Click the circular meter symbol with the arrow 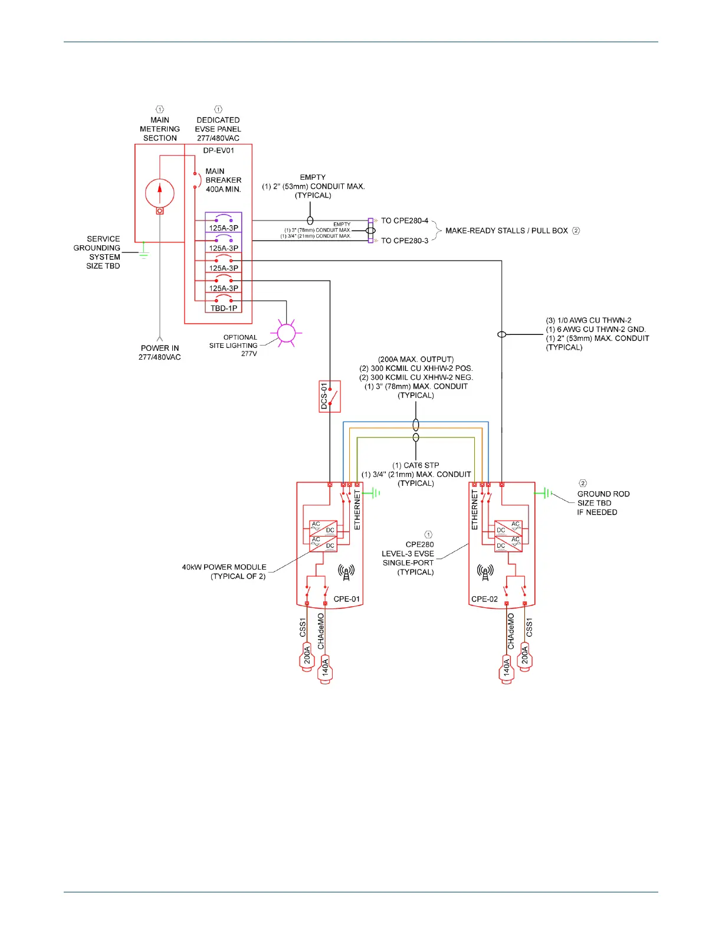pos(160,192)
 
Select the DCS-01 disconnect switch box pos(330,396)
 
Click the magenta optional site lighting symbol pos(286,333)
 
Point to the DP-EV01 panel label pos(218,150)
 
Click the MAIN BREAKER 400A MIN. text pos(223,180)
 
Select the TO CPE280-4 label pos(405,221)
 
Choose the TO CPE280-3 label pos(405,241)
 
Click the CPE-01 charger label pos(346,599)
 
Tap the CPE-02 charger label pos(484,599)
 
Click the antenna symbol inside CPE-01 pos(346,572)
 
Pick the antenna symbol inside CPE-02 pos(485,572)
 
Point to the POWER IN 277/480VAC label pos(160,353)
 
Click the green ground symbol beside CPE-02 pos(545,493)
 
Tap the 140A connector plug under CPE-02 pos(507,669)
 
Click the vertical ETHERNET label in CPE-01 pos(357,510)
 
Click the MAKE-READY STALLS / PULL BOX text pos(506,231)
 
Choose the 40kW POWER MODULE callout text pos(224,571)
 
